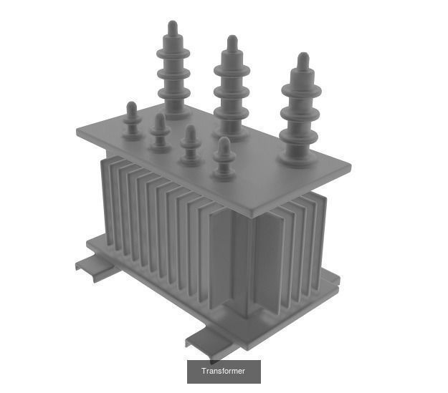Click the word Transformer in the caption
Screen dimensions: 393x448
[223, 371]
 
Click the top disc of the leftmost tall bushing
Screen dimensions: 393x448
[173, 52]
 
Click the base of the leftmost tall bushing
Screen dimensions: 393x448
[174, 112]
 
